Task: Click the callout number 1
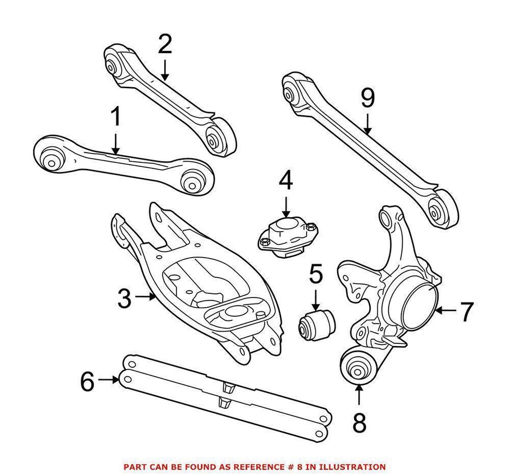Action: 115,118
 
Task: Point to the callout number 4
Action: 285,181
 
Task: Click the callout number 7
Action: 466,312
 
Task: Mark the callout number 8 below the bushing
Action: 360,424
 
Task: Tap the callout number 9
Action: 368,98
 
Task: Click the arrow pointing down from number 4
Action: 285,206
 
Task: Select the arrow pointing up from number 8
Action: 360,394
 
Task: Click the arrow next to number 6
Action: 110,379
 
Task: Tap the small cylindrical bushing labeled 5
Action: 316,325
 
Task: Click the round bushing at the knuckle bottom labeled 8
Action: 359,367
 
